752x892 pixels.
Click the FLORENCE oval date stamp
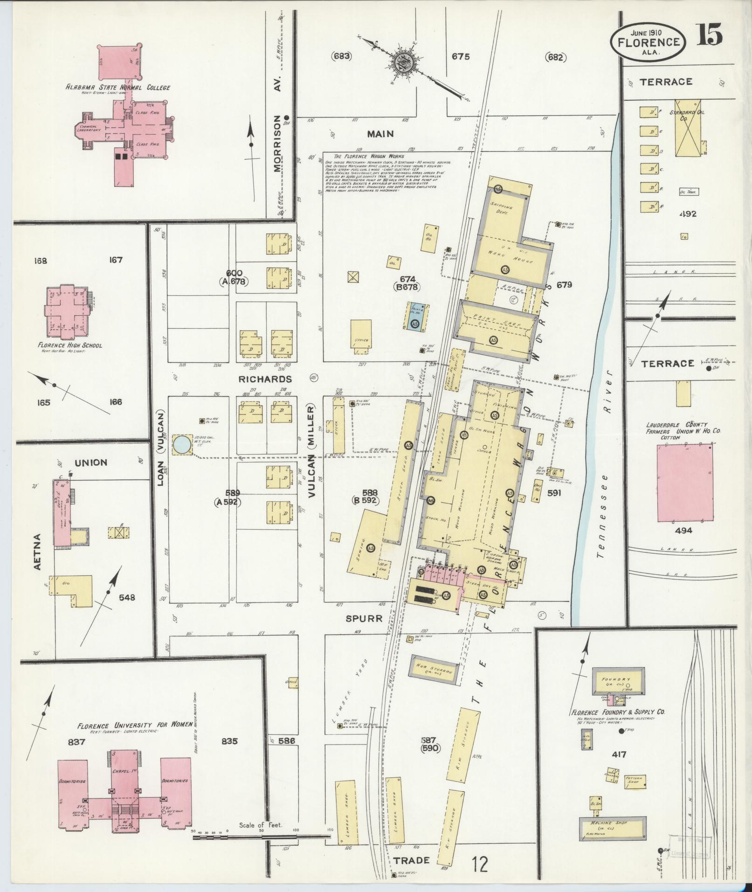(648, 42)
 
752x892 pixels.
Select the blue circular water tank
(181, 445)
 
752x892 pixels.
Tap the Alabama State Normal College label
(117, 87)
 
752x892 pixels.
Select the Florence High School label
(70, 346)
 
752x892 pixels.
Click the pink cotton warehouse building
(685, 483)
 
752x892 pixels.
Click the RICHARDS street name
(265, 379)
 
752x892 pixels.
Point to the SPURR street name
(364, 618)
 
